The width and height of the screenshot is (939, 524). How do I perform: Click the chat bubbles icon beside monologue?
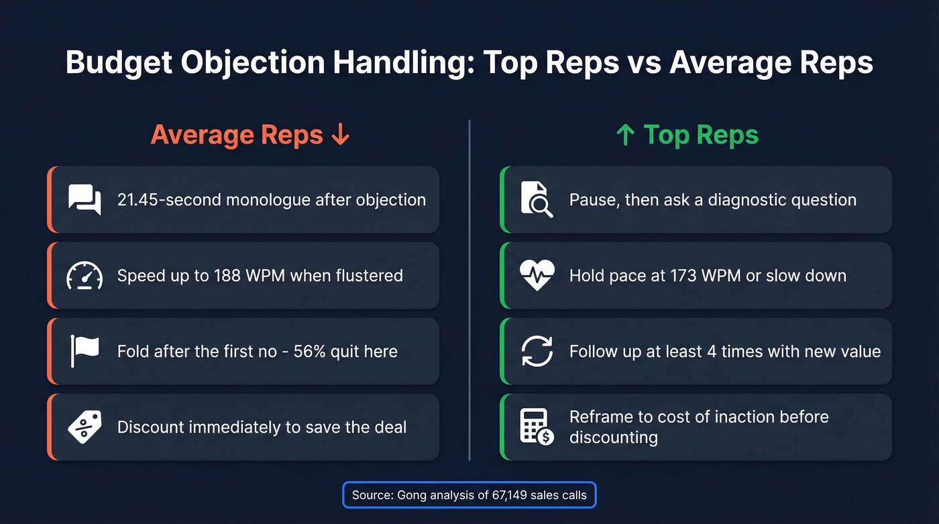[85, 200]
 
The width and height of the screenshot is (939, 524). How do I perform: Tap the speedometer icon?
[85, 276]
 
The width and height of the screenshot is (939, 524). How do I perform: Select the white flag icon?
[85, 351]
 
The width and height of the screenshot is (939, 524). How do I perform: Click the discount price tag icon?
[85, 427]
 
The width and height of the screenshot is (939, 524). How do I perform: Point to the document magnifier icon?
[537, 200]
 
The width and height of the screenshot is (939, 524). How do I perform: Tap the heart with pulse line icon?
[537, 276]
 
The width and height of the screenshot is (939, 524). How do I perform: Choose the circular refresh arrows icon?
[537, 351]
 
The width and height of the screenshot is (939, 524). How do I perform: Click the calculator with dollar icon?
[537, 427]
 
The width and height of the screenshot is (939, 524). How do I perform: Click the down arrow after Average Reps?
[341, 135]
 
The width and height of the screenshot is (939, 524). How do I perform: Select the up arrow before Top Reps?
[625, 135]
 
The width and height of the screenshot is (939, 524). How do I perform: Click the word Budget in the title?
[118, 63]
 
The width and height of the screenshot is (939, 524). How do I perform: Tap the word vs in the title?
[643, 63]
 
